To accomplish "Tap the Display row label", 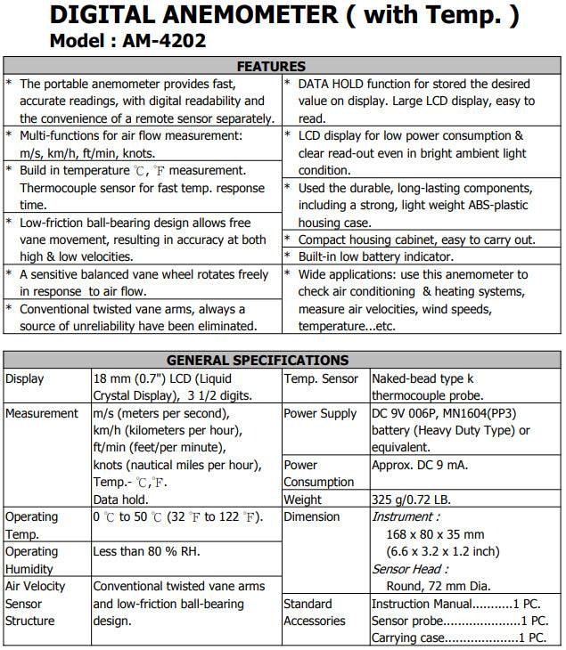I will pyautogui.click(x=25, y=378).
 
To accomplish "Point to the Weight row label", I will pyautogui.click(x=304, y=500).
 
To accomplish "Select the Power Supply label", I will pyautogui.click(x=320, y=413).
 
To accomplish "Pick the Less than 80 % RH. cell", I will pyautogui.click(x=147, y=551).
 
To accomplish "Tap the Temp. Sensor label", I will pyautogui.click(x=321, y=378).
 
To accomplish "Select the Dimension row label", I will pyautogui.click(x=312, y=516).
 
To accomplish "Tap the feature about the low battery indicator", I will pyautogui.click(x=393, y=256).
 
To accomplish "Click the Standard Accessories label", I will pyautogui.click(x=314, y=612).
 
